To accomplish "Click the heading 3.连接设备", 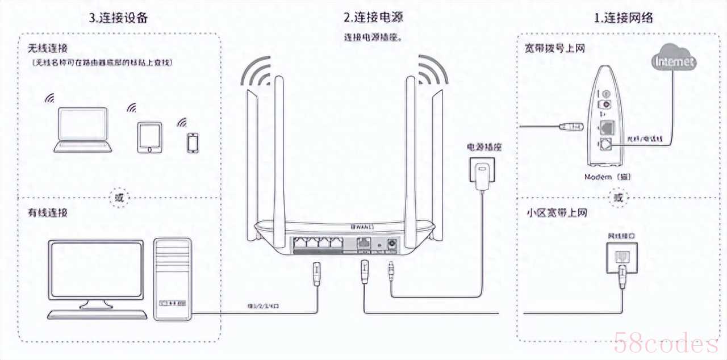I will point(119,18).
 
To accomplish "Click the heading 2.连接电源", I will point(373,18).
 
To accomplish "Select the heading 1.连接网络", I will point(623,18).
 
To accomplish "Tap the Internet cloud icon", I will point(674,61).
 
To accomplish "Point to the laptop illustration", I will point(82,131).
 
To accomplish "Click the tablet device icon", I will point(149,137).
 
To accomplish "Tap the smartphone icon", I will point(193,143).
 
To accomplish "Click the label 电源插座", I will point(484,147).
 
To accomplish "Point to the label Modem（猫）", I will point(608,177).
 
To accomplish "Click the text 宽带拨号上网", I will point(554,48).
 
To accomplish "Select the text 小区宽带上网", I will point(557,213).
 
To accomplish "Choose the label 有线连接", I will point(48,213).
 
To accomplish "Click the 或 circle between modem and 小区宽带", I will point(618,198).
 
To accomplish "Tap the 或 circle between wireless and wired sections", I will point(118,198).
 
